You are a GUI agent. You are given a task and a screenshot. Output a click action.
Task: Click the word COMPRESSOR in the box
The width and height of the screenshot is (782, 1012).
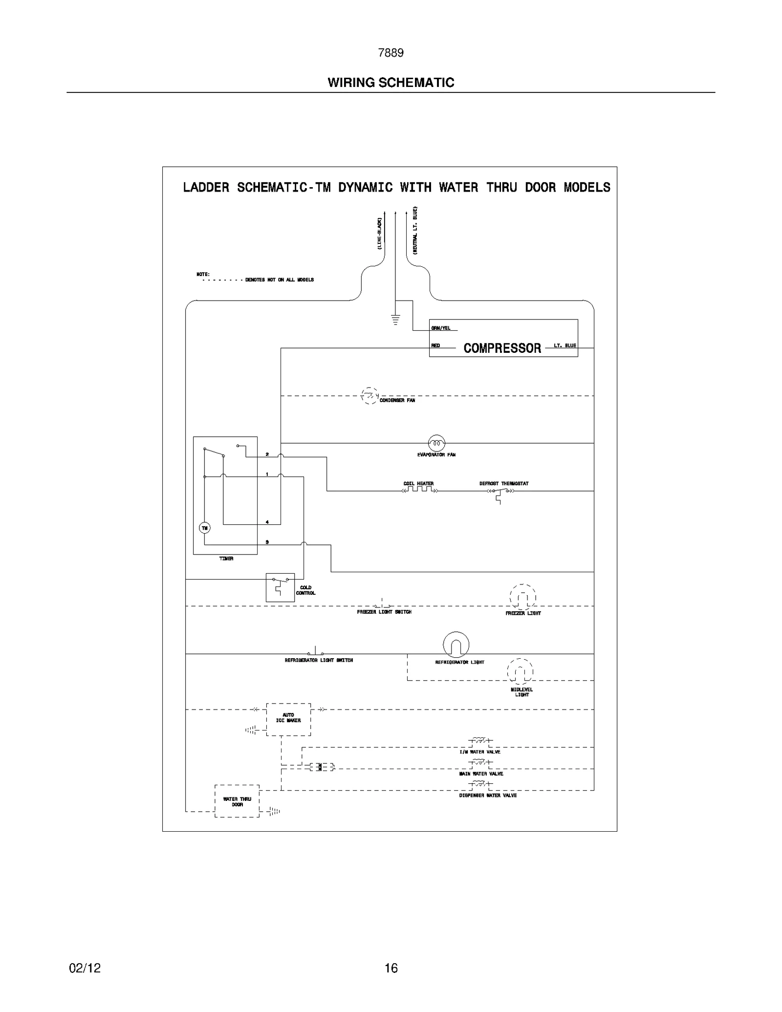pos(502,348)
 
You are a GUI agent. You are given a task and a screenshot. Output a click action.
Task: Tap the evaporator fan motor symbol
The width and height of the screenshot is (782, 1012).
pos(436,443)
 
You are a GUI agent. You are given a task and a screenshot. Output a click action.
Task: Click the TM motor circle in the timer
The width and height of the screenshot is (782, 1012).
pos(204,528)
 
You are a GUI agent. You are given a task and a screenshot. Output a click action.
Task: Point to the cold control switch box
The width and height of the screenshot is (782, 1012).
pos(280,587)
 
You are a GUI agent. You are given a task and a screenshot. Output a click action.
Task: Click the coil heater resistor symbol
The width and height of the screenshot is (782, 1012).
pos(419,489)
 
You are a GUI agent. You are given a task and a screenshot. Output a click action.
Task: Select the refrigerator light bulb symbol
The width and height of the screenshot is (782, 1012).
pos(456,645)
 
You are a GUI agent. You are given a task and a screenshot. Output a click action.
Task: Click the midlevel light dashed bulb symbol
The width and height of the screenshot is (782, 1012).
pos(520,671)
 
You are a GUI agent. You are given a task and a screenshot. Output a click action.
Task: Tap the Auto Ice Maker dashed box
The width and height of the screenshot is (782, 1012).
pos(288,719)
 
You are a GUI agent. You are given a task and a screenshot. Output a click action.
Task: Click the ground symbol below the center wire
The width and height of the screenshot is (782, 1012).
pos(395,320)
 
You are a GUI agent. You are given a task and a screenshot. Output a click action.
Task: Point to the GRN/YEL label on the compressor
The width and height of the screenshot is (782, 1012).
pos(441,328)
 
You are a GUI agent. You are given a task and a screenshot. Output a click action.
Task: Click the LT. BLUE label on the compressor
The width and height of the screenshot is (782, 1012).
pos(565,345)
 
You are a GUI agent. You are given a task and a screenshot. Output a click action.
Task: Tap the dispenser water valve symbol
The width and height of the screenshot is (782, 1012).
pos(481,784)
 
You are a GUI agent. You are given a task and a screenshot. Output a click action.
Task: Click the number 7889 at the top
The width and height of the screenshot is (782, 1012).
pos(391,53)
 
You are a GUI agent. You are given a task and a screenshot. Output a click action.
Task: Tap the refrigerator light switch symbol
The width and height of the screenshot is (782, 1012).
pos(315,652)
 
